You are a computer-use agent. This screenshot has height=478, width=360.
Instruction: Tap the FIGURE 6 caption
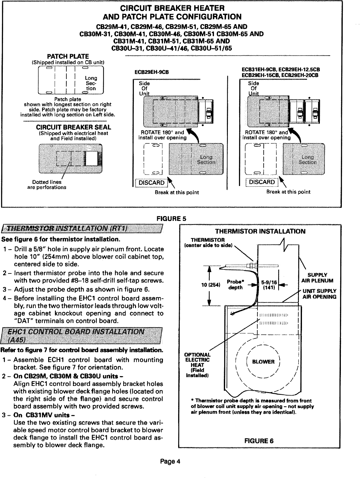click(259, 440)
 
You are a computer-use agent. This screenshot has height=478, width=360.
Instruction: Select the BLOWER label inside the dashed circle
click(263, 362)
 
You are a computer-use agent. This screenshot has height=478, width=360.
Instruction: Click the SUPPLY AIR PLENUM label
click(317, 278)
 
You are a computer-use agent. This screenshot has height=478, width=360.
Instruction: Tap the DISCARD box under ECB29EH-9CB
click(152, 183)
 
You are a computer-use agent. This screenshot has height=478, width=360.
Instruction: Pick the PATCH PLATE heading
click(68, 56)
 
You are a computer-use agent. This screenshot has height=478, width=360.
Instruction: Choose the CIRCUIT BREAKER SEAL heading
click(73, 127)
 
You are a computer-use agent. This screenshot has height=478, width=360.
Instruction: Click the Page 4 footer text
click(170, 462)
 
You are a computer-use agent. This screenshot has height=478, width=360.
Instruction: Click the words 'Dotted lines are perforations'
click(47, 184)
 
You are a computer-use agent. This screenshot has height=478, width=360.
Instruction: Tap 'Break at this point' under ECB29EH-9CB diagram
click(177, 192)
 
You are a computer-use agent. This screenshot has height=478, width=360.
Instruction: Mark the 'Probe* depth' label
click(235, 285)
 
